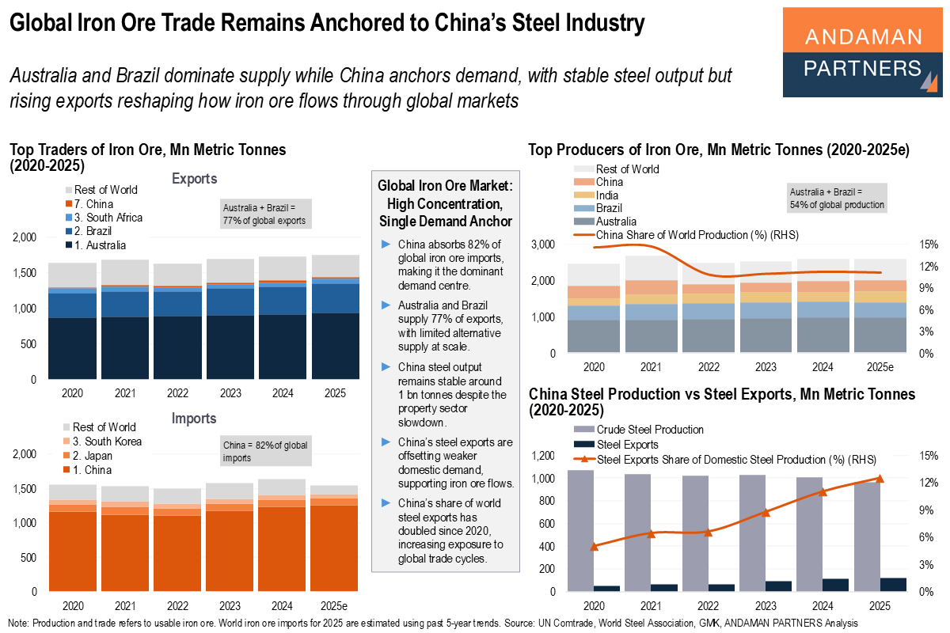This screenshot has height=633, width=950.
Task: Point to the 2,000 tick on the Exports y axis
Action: click(x=24, y=237)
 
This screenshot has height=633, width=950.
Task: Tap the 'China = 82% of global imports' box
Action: click(x=264, y=452)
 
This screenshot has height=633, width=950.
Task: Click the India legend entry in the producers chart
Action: click(x=607, y=195)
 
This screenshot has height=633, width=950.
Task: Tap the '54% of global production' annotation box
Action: click(x=837, y=198)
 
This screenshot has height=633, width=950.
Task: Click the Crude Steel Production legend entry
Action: click(x=648, y=430)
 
